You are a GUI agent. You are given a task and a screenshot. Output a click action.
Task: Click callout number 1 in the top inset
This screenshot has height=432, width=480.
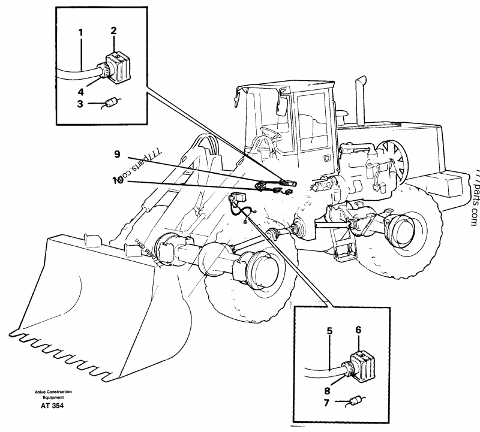80,32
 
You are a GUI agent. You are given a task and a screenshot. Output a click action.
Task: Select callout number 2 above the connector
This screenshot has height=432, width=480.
113,31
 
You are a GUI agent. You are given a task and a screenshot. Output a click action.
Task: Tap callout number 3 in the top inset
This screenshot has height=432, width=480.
80,104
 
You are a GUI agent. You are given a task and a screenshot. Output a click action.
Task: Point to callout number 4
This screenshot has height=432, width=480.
80,91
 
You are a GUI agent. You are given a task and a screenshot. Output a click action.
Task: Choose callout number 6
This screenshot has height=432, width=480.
358,329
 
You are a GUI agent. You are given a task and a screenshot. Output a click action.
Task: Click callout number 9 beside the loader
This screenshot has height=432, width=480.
118,154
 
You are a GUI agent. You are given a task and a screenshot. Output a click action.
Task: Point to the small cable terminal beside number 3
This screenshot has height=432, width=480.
109,104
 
